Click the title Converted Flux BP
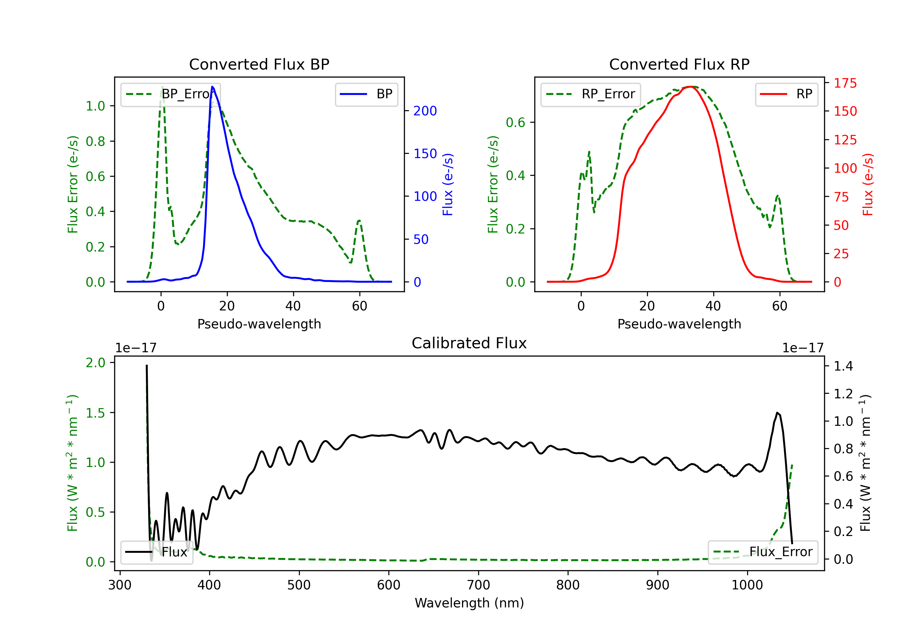point(259,64)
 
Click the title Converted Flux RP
point(679,64)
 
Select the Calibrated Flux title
point(469,343)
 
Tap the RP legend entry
point(786,94)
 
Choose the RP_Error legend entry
point(591,94)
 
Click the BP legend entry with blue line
point(366,94)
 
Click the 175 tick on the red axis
point(845,83)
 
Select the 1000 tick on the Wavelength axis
point(747,585)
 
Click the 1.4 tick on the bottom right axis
point(843,366)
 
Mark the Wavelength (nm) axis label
point(469,603)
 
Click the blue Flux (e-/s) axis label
point(448,184)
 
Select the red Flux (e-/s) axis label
point(868,184)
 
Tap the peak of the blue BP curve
point(212,87)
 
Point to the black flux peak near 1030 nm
point(777,413)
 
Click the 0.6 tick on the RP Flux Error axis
point(515,122)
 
